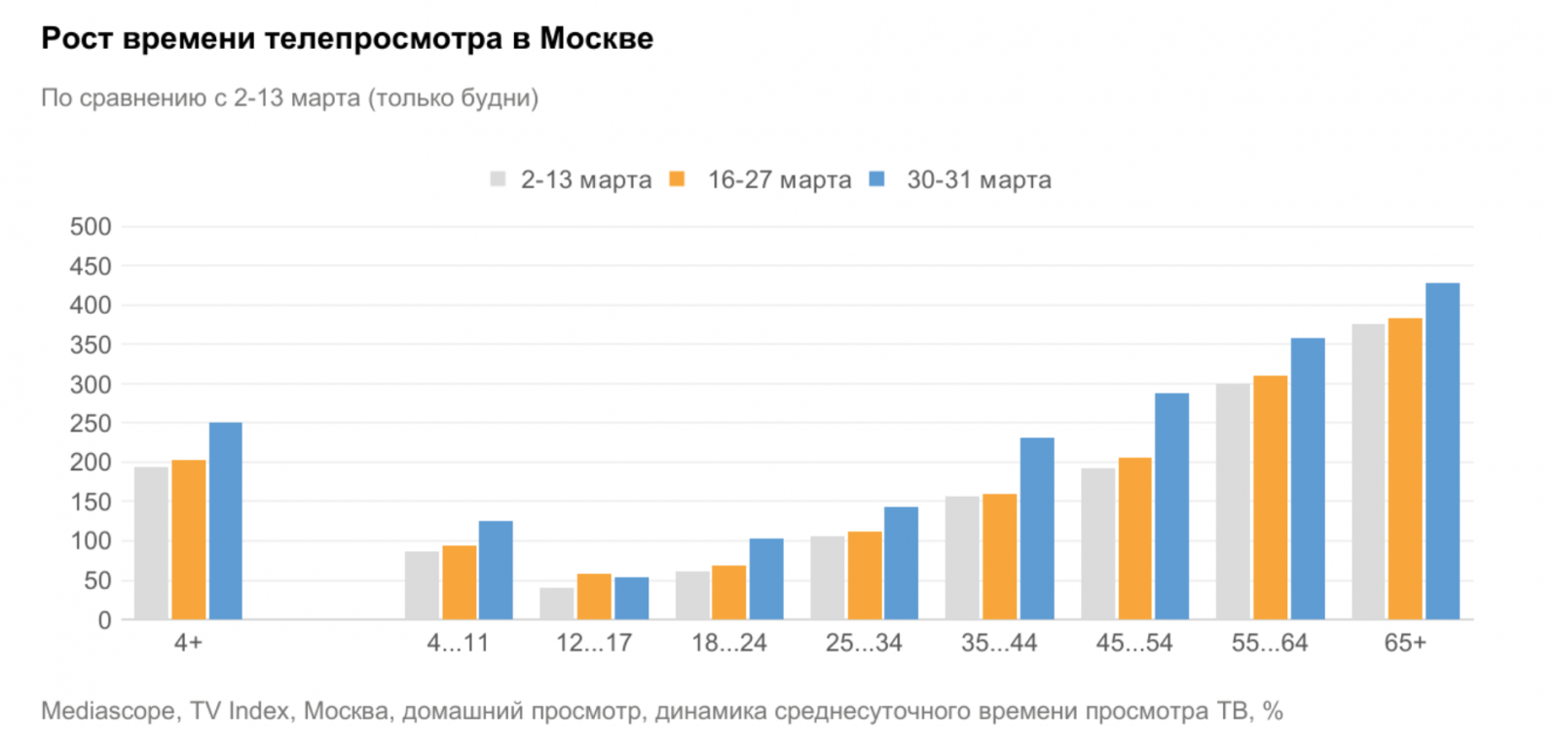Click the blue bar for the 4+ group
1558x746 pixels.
point(226,521)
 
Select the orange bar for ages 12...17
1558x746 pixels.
point(594,596)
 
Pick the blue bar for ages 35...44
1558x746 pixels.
point(1037,528)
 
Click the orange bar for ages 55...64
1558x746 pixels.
point(1270,497)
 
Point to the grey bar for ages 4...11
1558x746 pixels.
point(422,585)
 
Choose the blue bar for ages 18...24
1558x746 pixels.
point(766,578)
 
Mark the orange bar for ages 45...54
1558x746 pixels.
point(1134,538)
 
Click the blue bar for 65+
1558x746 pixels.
point(1442,451)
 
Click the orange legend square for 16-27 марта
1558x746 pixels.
point(678,179)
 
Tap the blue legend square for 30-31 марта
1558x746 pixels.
point(877,179)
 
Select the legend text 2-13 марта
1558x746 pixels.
point(586,180)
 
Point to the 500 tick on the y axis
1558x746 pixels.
point(91,227)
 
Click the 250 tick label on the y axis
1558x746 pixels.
point(91,424)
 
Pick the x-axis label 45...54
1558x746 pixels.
point(1134,643)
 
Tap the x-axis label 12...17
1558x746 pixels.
point(594,643)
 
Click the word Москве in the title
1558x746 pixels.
point(596,39)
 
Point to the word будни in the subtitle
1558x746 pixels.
point(500,98)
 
